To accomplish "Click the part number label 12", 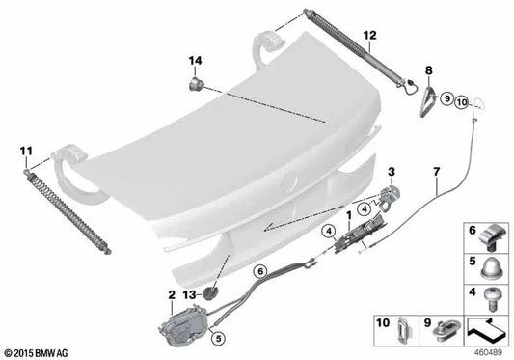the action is tap(369, 35).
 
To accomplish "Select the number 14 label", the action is tap(195, 61).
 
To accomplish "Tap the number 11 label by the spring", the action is tap(26, 152).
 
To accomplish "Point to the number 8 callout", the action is tap(429, 70).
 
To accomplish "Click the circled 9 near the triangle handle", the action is tap(446, 98).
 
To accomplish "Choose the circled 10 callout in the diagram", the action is tap(462, 102).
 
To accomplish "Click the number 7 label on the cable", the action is tap(436, 172).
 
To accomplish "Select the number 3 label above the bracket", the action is tap(392, 172).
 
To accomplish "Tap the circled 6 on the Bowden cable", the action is tap(260, 272).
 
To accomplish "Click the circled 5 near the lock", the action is tap(219, 338).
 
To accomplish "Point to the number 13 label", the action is tap(189, 295).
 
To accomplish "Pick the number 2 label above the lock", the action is tap(172, 295).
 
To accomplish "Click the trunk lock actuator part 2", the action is tap(183, 325).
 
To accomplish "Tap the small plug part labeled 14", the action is tap(196, 84).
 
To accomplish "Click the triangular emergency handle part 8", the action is tap(428, 101).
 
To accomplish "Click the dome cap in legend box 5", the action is tap(491, 268).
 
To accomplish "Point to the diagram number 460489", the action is tap(488, 353).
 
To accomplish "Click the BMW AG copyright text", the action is tap(35, 353).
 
